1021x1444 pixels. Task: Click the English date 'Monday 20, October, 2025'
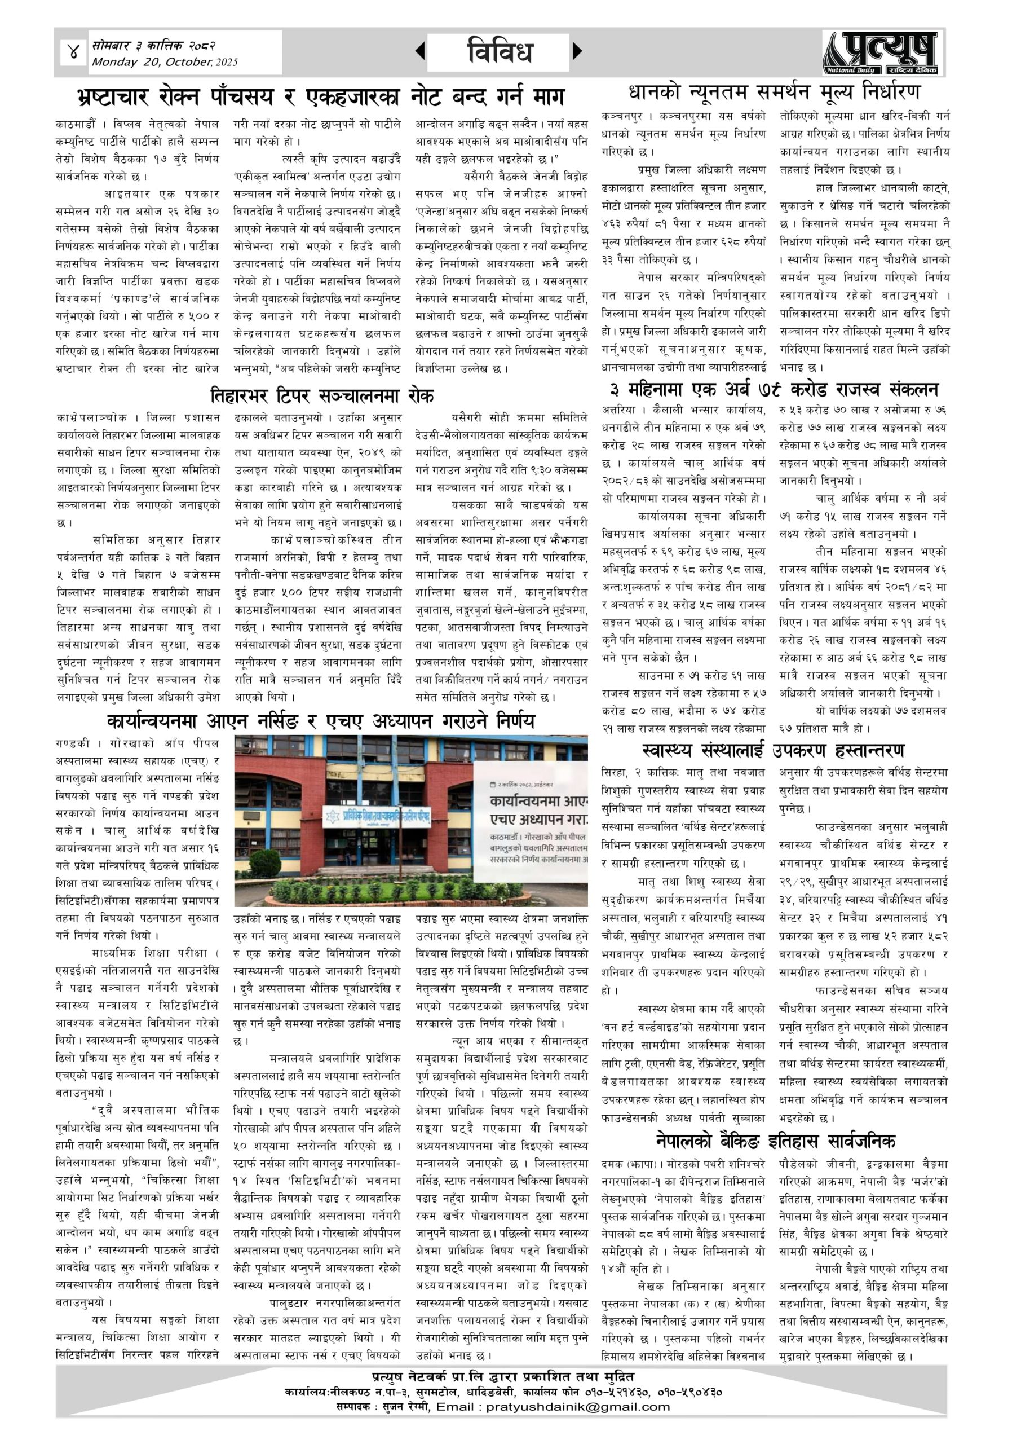click(x=165, y=62)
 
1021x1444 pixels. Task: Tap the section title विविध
click(x=500, y=51)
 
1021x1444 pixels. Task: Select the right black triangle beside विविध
click(x=577, y=51)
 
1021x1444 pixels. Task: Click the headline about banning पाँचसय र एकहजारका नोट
click(x=321, y=97)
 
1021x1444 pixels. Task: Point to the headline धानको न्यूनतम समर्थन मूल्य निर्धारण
click(x=775, y=93)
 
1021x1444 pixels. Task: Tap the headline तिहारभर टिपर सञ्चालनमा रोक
click(x=322, y=395)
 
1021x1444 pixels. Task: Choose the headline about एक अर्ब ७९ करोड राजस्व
click(x=775, y=389)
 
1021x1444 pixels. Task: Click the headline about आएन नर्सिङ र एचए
click(x=321, y=720)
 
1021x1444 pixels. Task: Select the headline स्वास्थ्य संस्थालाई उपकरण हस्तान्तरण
click(x=775, y=750)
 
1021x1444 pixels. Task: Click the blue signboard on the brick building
click(x=377, y=817)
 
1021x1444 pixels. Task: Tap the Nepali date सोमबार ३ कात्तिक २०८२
click(x=154, y=46)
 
